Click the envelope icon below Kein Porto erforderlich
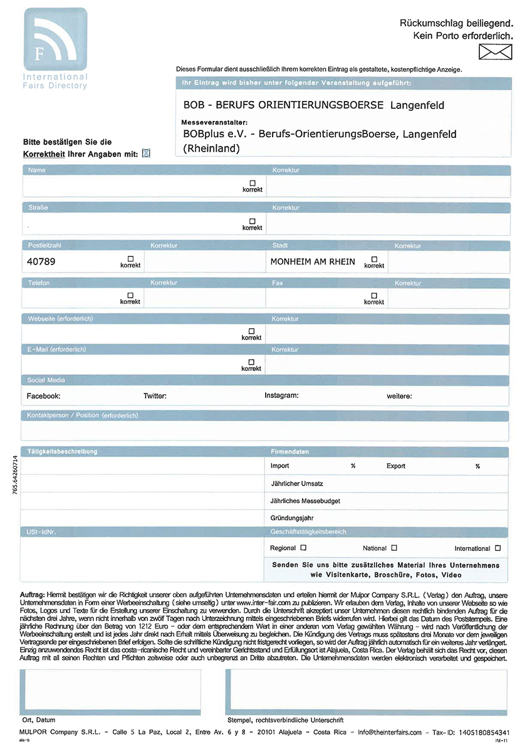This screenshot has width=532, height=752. tap(496, 53)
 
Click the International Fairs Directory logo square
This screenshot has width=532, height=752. tap(55, 39)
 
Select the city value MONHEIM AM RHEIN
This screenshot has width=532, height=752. tap(313, 261)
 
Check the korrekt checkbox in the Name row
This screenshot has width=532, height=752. tap(253, 182)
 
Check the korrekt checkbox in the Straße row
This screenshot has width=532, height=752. tap(253, 221)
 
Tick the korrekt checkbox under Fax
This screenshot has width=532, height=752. tap(374, 295)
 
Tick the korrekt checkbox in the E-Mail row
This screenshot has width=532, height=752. tap(251, 362)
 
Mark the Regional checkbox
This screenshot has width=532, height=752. tap(304, 548)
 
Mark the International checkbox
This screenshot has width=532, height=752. tap(498, 548)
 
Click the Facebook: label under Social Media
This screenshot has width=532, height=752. tap(43, 396)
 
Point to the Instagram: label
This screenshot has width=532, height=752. tap(281, 395)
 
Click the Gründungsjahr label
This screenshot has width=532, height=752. tap(292, 518)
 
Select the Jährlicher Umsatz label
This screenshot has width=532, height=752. tap(296, 484)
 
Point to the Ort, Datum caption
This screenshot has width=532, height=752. tap(38, 720)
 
